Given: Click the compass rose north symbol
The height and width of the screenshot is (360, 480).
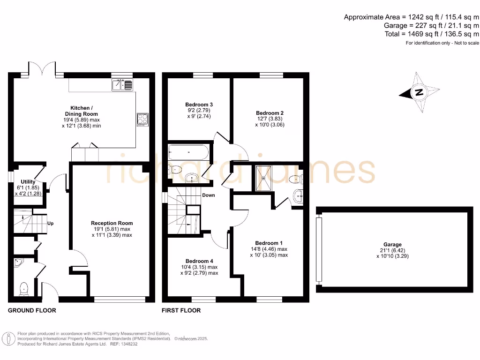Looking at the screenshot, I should pos(419,92).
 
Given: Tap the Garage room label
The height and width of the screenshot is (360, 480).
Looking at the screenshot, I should pos(392,245).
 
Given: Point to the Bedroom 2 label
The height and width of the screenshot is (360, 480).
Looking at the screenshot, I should pos(270,113).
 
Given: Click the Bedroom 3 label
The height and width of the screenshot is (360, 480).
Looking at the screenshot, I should pos(199,104).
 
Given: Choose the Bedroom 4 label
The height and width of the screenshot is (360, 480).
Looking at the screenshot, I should pos(199,261).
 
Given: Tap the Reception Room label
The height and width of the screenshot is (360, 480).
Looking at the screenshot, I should pos(112,223).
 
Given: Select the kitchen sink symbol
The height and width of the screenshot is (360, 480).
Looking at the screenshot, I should pos(122,85).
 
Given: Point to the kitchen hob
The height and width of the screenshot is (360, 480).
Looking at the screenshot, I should pos(142,120).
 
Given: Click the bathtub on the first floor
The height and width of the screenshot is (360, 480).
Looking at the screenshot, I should pos(188,152).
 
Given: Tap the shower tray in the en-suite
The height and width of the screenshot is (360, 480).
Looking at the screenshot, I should pos(265,178).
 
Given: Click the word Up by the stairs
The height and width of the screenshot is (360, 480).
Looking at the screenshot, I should pos(50,223).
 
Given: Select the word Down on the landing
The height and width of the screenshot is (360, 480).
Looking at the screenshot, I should pos(209,195).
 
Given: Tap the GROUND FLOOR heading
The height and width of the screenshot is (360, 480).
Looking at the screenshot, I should pos(32,310).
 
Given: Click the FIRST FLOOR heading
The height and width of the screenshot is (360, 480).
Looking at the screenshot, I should pos(181,310).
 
